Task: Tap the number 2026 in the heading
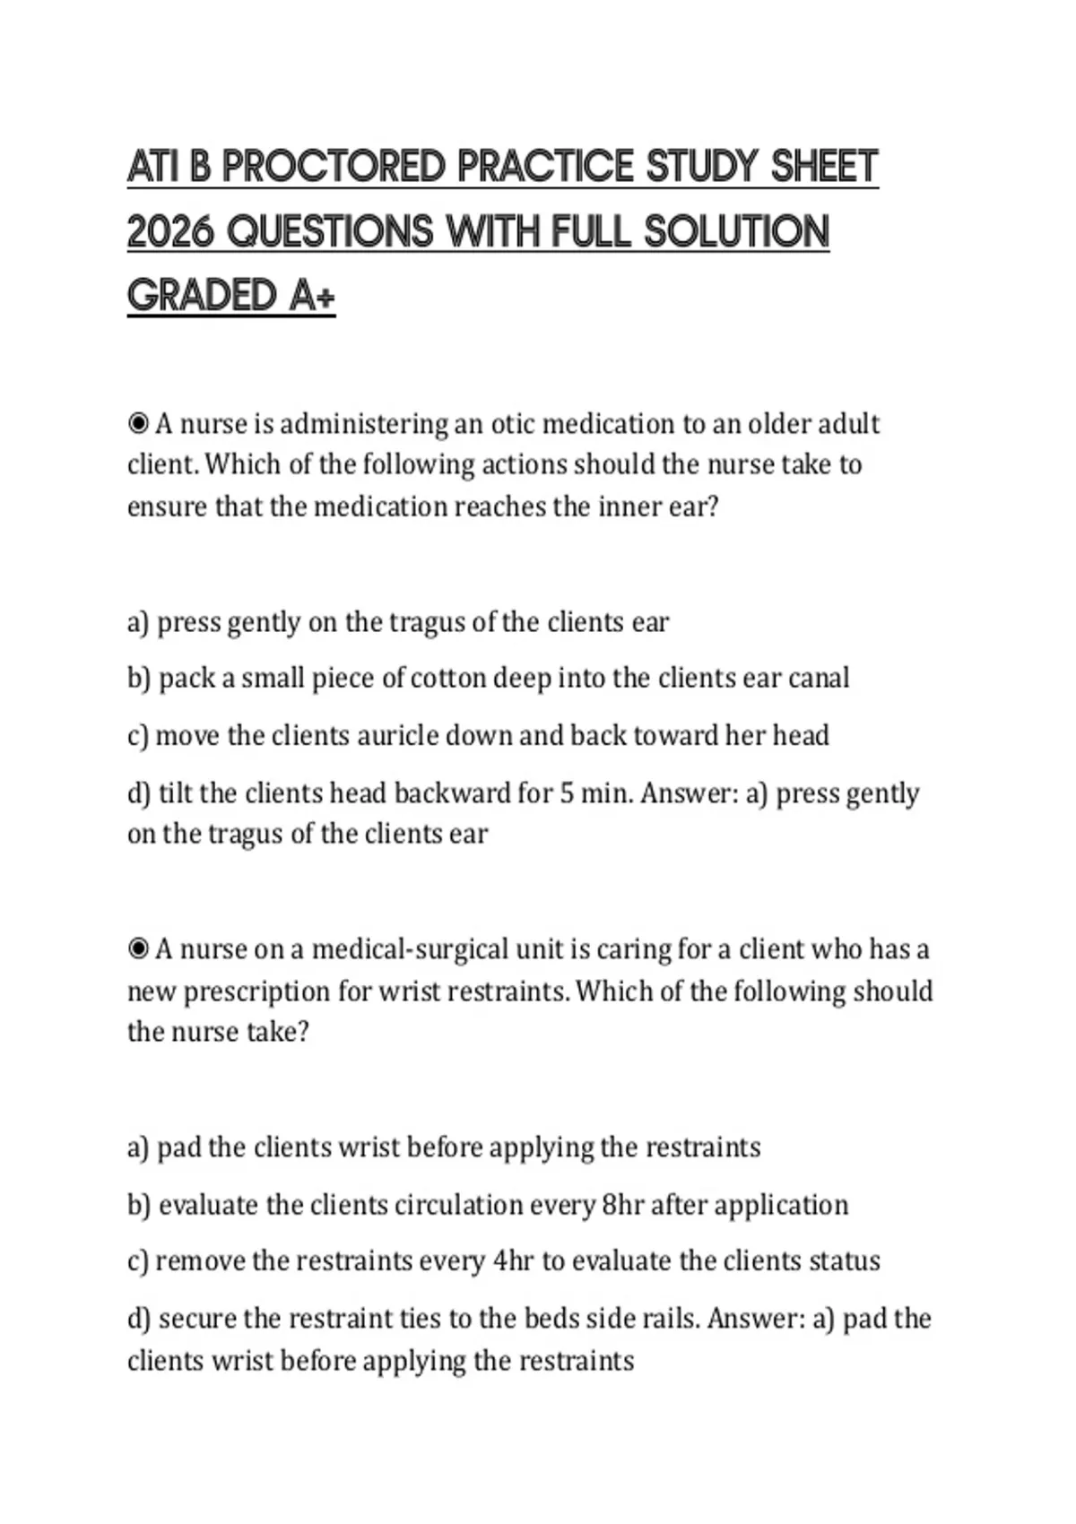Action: point(170,232)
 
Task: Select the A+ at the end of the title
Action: point(312,296)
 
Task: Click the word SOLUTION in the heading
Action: point(736,232)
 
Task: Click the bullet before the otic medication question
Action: point(138,423)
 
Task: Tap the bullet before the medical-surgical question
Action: point(138,948)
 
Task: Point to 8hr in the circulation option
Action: point(623,1205)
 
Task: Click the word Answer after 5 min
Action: point(690,793)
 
